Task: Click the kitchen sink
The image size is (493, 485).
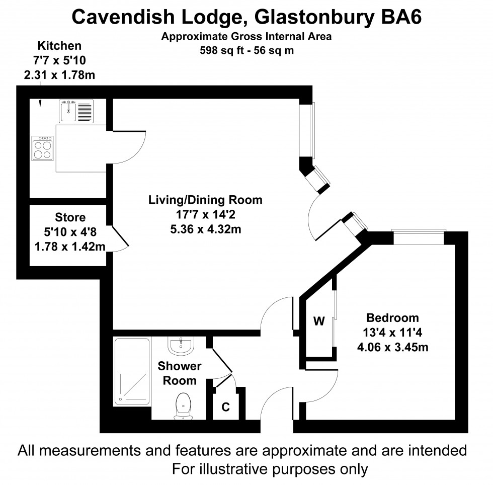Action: tap(76, 110)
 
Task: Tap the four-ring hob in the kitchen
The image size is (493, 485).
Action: tap(42, 148)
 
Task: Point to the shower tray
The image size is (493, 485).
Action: tap(132, 371)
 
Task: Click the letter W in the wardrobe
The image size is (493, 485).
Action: tap(318, 321)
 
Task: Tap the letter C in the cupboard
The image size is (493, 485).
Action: tap(226, 407)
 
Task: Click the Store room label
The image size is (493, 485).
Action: tap(70, 218)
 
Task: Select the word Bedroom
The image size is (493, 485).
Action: tap(392, 318)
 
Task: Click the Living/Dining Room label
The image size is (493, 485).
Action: tap(205, 200)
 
